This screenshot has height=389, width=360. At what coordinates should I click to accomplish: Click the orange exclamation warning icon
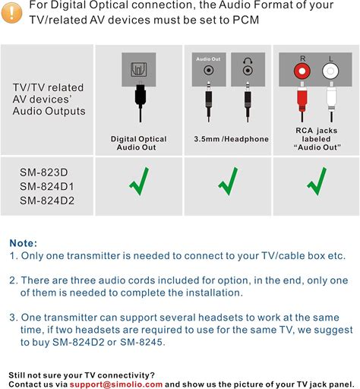tap(11, 13)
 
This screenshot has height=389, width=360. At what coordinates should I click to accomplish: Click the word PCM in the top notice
tap(246, 20)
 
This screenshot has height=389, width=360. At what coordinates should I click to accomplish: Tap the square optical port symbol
tap(139, 69)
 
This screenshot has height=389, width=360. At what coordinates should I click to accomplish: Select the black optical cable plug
tap(140, 95)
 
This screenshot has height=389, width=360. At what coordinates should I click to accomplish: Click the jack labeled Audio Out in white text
tap(208, 70)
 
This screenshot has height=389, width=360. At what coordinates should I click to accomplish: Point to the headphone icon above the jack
tap(248, 61)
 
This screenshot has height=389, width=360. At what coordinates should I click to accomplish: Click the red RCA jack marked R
tap(302, 71)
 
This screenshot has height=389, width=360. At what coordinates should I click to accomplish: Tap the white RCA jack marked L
tap(330, 71)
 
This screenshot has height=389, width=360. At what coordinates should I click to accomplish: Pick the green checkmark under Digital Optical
tap(139, 181)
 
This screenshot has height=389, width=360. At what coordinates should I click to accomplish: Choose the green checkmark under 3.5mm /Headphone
tap(228, 181)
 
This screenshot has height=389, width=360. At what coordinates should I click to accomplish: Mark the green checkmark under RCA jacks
tap(317, 181)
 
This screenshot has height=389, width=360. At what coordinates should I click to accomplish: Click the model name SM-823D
tap(44, 172)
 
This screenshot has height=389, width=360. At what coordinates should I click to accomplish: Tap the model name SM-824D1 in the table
tap(47, 187)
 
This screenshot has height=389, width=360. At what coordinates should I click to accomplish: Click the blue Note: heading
tap(24, 243)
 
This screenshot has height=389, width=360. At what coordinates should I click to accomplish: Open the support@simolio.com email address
tap(116, 384)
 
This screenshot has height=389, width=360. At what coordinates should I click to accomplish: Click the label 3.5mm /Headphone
tap(232, 139)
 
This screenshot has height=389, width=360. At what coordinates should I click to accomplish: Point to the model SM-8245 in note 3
tap(143, 342)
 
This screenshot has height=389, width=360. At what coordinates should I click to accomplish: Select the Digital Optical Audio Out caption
tap(138, 143)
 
